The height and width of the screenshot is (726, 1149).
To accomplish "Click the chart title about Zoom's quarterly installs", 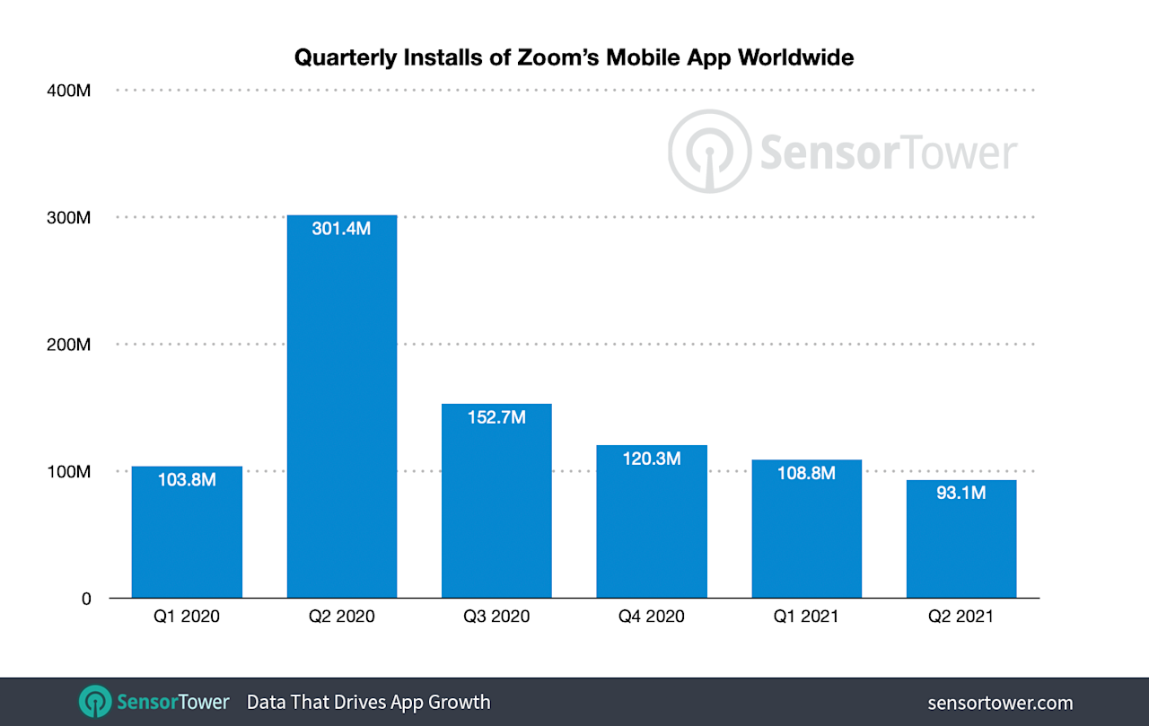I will point(574,58).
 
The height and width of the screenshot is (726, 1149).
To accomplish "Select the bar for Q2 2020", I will point(342,413).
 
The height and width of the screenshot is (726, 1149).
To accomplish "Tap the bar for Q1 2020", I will point(187,538).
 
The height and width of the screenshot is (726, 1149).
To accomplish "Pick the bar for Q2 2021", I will point(961,547).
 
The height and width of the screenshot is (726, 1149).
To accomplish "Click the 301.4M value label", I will point(342,228).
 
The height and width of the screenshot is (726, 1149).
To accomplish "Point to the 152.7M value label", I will point(496,417).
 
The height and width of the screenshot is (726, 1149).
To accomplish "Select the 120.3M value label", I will point(652,459).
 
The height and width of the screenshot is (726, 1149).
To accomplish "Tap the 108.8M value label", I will point(807,473).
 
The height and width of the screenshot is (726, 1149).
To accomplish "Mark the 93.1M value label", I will point(961,493).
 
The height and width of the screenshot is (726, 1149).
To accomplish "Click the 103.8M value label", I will point(187,480).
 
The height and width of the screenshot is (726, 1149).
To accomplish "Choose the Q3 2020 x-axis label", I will point(496,617).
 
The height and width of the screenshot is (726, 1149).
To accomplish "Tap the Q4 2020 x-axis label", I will point(652,617).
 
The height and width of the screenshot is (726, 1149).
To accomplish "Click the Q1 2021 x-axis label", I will point(807,617).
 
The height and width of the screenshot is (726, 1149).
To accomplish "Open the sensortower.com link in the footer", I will point(1000,703).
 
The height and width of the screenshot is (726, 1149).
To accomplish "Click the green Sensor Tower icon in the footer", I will point(95,702).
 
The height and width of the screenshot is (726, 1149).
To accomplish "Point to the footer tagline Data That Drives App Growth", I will point(368,702).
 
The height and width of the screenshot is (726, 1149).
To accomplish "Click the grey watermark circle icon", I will point(708,151).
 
